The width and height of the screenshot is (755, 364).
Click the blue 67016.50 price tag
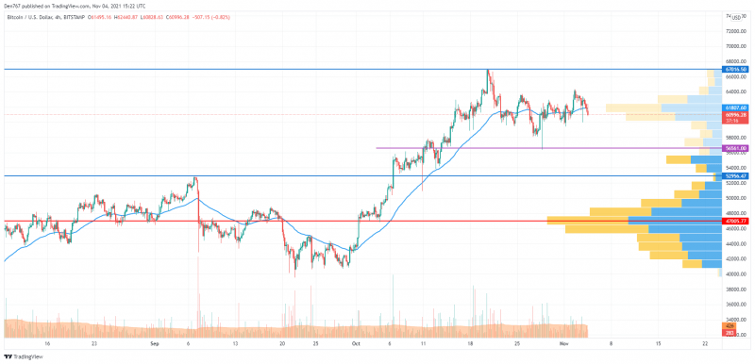pos(736,70)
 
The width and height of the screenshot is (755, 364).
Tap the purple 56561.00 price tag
pos(736,148)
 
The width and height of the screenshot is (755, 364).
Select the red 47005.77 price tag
pos(736,222)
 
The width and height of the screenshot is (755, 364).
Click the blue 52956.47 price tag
pos(736,176)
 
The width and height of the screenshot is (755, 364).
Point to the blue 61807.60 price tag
pos(736,108)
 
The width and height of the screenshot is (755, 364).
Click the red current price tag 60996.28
pos(736,114)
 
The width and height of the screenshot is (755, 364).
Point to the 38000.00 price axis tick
pos(737,290)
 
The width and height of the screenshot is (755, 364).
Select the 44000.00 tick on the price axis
pos(737,243)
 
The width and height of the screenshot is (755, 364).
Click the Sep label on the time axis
pos(153,344)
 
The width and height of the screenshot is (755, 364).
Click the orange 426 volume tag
pos(730,326)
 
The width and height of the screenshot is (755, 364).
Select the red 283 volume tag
pos(730,333)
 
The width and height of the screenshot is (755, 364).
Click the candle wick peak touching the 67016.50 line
pos(488,71)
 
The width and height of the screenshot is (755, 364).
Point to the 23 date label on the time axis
pos(94,344)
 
